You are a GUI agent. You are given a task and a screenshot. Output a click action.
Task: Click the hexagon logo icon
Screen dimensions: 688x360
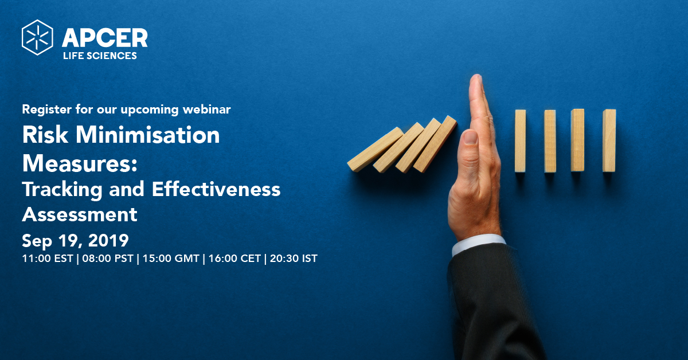[37, 37]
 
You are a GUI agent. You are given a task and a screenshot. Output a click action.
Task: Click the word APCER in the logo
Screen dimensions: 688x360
[105, 38]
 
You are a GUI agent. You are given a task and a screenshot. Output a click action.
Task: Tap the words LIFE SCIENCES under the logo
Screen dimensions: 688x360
[100, 56]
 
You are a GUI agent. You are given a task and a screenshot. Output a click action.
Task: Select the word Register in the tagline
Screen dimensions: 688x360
[46, 110]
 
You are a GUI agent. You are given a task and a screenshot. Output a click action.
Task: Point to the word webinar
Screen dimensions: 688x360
[207, 109]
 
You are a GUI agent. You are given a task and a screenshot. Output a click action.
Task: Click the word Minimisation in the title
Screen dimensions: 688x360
[148, 135]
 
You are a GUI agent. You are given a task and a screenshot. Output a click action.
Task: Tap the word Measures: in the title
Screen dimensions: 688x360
[80, 163]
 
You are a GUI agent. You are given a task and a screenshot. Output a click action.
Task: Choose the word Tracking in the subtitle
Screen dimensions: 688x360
[62, 190]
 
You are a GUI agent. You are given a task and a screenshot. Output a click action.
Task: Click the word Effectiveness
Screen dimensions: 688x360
[216, 189]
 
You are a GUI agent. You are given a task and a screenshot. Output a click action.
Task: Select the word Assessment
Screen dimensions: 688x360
[80, 214]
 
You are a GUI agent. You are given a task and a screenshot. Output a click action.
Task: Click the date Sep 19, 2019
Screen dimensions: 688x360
[75, 241]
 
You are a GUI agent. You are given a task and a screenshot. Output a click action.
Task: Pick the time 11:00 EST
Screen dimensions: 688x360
[48, 259]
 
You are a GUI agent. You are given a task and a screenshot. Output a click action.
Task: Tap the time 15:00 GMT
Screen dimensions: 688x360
[171, 259]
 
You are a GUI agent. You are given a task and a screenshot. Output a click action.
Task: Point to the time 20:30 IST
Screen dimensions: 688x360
[294, 259]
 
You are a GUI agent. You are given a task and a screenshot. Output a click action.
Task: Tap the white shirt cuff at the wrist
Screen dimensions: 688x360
[479, 245]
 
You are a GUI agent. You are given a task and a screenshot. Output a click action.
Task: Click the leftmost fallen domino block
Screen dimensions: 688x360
[375, 149]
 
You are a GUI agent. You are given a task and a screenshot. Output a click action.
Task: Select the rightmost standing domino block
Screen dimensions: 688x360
[609, 140]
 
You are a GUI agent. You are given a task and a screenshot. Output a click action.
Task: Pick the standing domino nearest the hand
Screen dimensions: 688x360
[521, 140]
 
